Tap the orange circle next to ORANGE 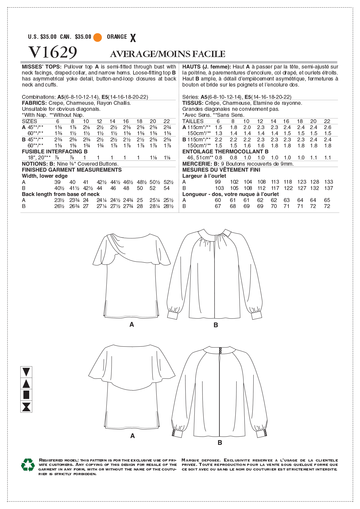tap(97, 37)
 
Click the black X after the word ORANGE tap(133, 38)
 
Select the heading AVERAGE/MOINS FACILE tap(168, 54)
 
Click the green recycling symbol tap(28, 465)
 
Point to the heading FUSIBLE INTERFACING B tap(55, 151)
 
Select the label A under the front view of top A tap(132, 325)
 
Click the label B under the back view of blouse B tap(220, 443)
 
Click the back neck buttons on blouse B tap(220, 350)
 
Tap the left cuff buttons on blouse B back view tap(174, 433)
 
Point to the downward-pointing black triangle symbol tap(26, 372)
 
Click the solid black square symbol tap(26, 395)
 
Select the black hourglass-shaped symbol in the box tap(26, 407)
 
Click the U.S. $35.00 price tap(42, 37)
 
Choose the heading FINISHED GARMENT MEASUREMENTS tap(72, 170)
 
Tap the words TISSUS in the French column tap(192, 103)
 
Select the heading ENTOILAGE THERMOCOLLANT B tap(225, 151)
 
